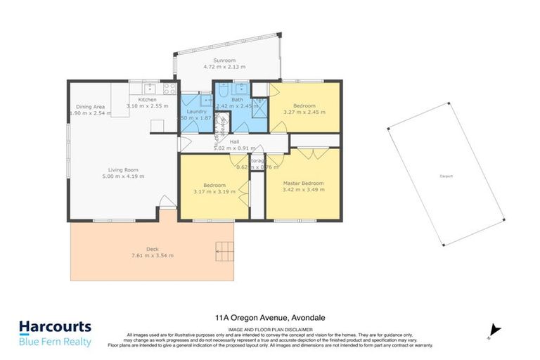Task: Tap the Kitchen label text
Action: coord(147,100)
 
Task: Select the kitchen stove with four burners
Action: coord(169,89)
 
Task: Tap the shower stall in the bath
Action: coord(259,106)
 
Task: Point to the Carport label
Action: coord(445,176)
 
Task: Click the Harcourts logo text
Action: coord(54,327)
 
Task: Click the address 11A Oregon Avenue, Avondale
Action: coord(269,317)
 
